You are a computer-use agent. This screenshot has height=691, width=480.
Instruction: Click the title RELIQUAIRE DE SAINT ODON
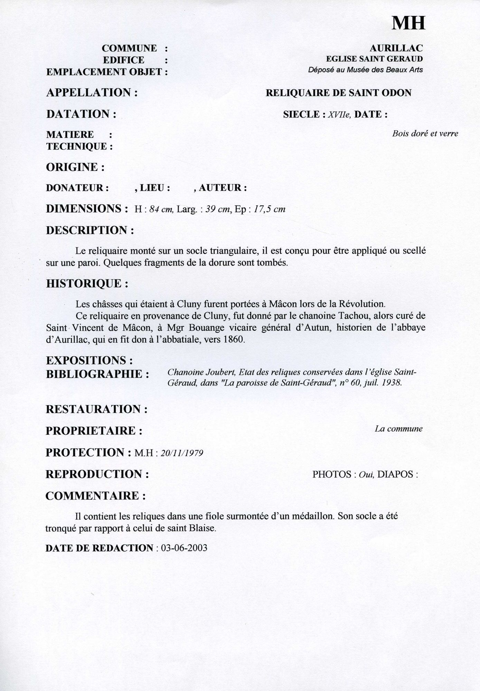[338, 93]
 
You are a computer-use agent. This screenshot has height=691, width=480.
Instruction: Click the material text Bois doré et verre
[425, 134]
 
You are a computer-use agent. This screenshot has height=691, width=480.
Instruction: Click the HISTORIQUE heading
[87, 284]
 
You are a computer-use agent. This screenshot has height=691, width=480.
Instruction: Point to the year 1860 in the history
[234, 340]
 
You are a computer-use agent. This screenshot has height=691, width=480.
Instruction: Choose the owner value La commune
[398, 429]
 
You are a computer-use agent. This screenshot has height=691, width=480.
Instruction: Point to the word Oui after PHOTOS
[364, 474]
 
